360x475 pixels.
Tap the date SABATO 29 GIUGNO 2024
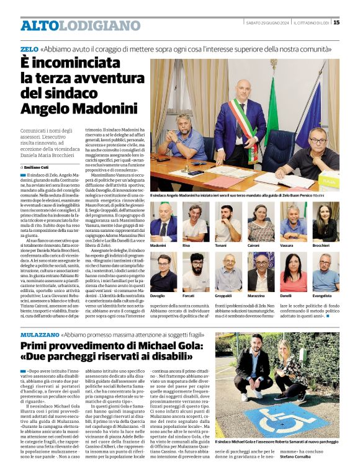[x=267, y=23]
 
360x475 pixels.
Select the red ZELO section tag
[x=29, y=48]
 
